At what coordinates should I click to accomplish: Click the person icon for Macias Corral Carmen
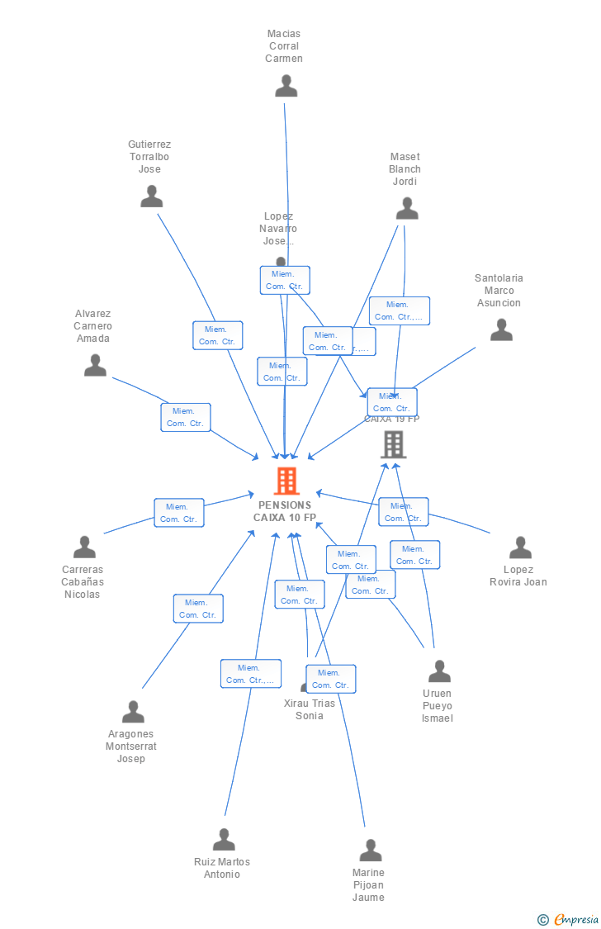click(x=286, y=86)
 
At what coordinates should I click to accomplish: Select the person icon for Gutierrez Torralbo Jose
click(x=151, y=197)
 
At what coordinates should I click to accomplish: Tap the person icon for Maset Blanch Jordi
click(x=406, y=209)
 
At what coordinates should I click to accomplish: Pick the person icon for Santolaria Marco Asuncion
click(x=501, y=330)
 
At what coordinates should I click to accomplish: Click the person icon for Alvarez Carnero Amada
click(x=95, y=365)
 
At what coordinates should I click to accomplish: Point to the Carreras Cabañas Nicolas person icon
click(x=84, y=547)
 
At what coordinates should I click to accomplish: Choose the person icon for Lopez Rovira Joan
click(x=520, y=547)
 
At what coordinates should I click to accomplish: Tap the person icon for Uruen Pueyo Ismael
click(x=439, y=671)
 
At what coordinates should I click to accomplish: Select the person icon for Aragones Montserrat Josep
click(x=133, y=712)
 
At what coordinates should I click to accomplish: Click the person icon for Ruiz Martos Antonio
click(x=224, y=840)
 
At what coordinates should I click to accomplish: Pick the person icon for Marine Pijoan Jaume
click(x=371, y=851)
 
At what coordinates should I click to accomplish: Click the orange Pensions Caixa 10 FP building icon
click(x=286, y=480)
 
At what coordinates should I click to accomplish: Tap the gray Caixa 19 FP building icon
click(x=393, y=444)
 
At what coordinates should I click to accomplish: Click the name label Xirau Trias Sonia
click(x=310, y=709)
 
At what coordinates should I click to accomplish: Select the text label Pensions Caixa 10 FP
click(x=285, y=511)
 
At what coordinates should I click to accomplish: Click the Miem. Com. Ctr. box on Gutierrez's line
click(x=218, y=335)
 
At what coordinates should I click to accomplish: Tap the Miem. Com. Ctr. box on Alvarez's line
click(x=186, y=417)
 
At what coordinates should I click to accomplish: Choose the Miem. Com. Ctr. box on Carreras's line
click(x=179, y=513)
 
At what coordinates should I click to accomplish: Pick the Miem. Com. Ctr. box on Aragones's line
click(x=198, y=609)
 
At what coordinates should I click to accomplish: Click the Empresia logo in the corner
click(x=570, y=919)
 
